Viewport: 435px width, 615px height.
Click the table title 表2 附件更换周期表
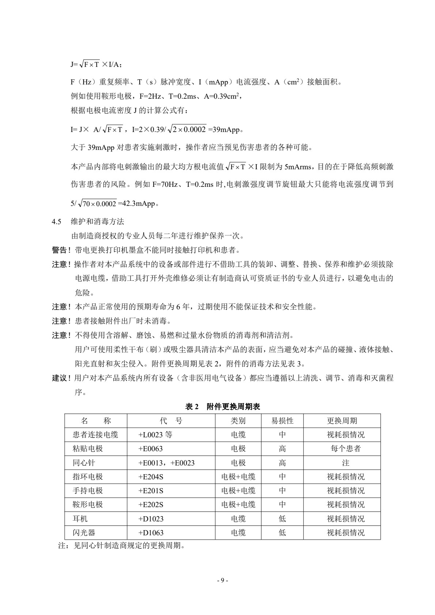(223, 407)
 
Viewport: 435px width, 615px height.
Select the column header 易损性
(282, 421)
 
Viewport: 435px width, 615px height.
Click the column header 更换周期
(342, 421)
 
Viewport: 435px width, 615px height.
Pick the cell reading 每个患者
(345, 449)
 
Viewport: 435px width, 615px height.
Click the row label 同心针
(84, 463)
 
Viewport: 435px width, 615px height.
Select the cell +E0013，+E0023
(166, 463)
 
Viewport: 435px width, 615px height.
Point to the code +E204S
(151, 477)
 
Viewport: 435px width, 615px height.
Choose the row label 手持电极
(88, 491)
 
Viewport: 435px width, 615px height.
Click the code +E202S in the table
(151, 505)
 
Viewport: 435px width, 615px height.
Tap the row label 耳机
(80, 519)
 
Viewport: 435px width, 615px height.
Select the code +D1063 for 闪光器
(151, 533)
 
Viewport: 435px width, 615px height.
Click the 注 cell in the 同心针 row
(345, 463)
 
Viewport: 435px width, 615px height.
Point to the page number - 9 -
(222, 580)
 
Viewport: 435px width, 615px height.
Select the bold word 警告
(60, 250)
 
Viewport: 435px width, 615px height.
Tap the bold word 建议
(60, 378)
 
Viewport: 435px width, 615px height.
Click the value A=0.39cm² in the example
(221, 97)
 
